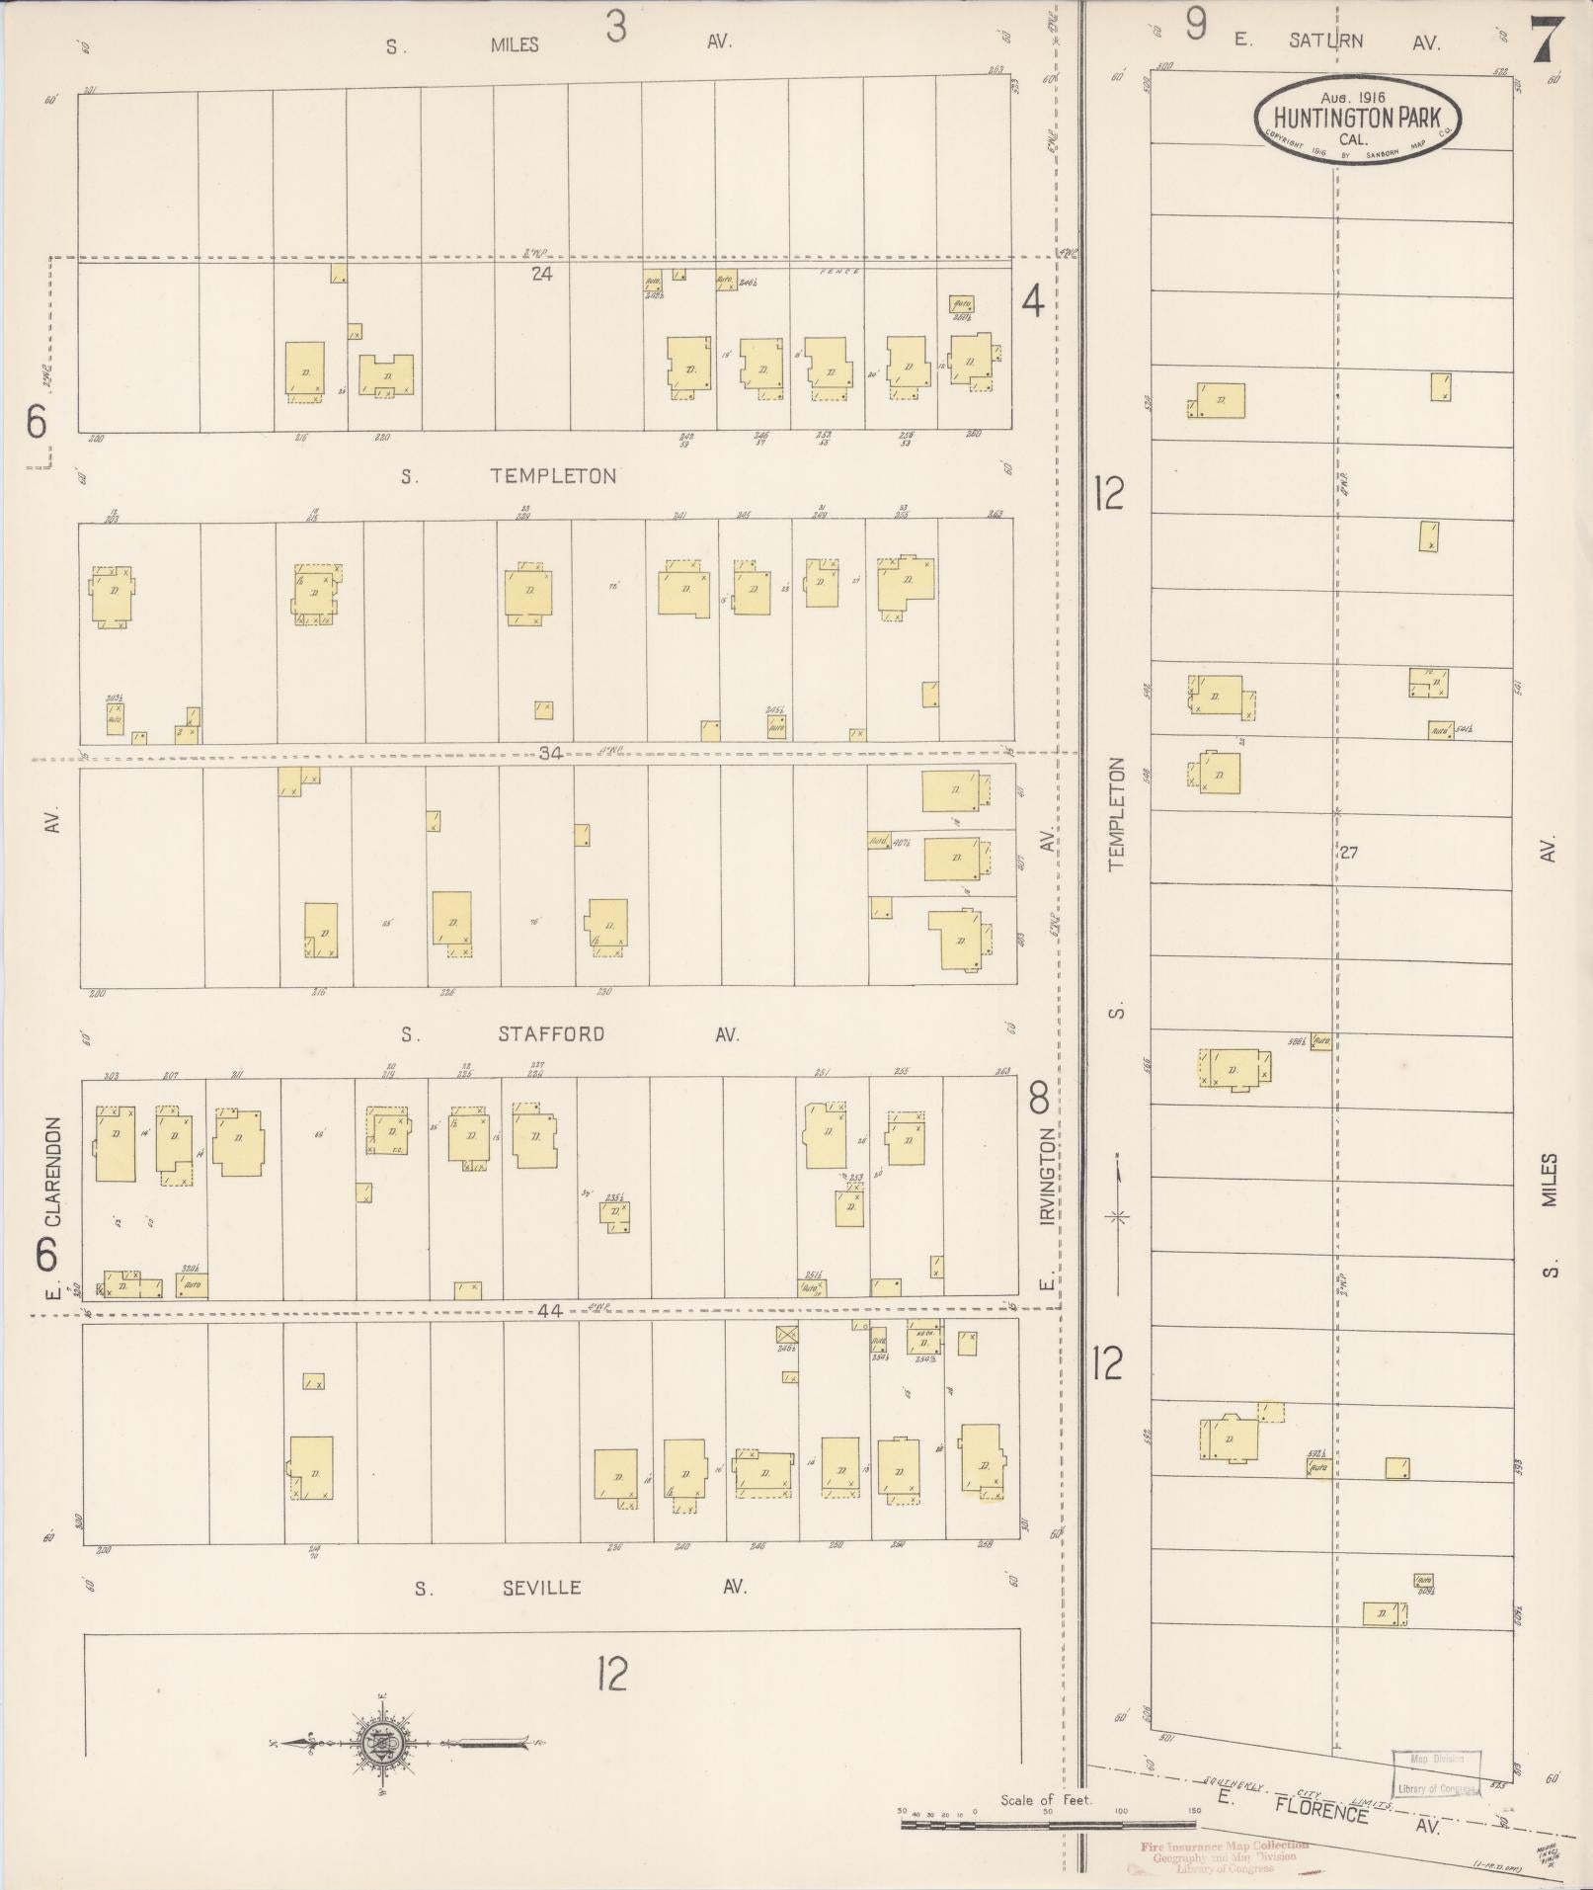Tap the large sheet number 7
click(x=1546, y=41)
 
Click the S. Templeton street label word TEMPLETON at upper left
click(x=554, y=476)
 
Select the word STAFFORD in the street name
click(x=551, y=1034)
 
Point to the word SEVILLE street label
click(x=540, y=1588)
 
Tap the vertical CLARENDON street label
click(x=52, y=1172)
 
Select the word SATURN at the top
click(x=1325, y=41)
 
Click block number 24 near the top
click(x=541, y=274)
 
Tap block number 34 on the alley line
click(x=550, y=753)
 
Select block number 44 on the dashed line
click(x=550, y=1311)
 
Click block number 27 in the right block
click(x=1348, y=852)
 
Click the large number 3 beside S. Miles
click(x=615, y=28)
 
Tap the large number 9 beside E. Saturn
click(x=1196, y=25)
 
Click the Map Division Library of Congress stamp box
click(x=1436, y=1773)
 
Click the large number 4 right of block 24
click(x=1032, y=300)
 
